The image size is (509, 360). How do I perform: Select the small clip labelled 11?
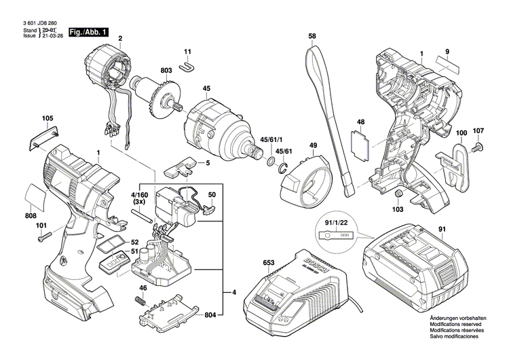click(188, 65)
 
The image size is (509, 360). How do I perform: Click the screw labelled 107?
click(476, 145)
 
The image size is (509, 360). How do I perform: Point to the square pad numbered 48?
click(360, 143)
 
